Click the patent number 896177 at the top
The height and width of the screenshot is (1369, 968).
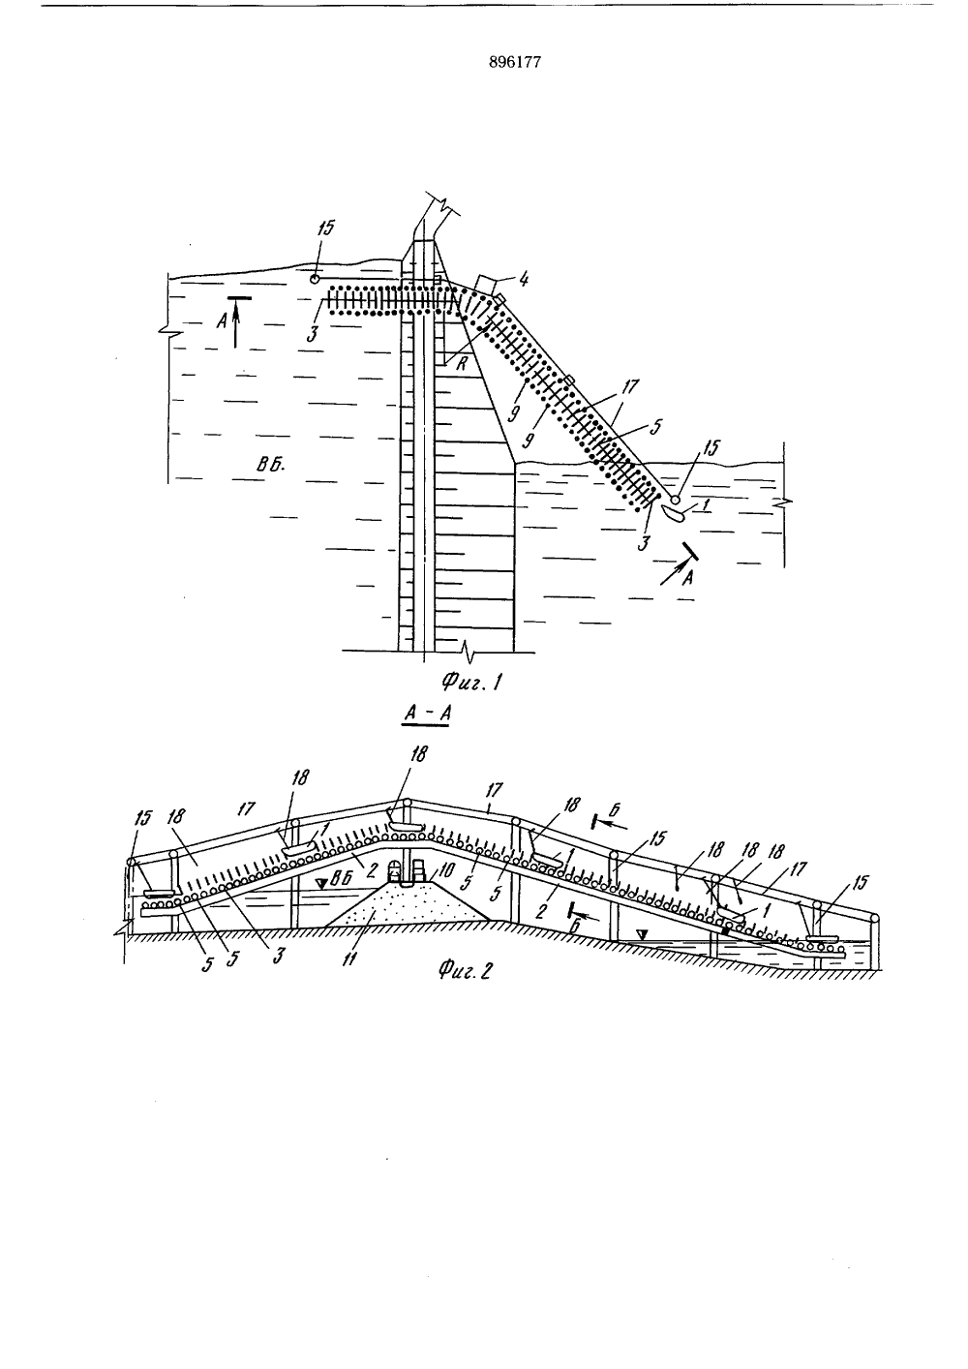515,62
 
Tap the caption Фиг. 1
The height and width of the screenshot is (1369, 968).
471,681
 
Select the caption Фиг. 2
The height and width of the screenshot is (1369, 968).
465,970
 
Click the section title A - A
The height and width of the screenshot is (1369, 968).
426,714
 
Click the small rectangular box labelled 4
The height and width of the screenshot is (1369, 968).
487,286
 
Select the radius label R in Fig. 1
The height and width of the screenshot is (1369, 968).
462,364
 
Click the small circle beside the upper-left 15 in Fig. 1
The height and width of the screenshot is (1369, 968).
314,279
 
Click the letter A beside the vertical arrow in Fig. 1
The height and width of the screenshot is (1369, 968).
222,319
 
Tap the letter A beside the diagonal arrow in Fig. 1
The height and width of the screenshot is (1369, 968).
687,578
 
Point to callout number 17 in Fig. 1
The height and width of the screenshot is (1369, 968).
629,386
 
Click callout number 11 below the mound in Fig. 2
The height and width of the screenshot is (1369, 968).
348,958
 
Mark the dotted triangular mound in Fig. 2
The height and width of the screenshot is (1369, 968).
407,900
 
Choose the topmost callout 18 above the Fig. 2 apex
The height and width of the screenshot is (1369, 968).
419,754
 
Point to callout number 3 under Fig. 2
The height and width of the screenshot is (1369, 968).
280,955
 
